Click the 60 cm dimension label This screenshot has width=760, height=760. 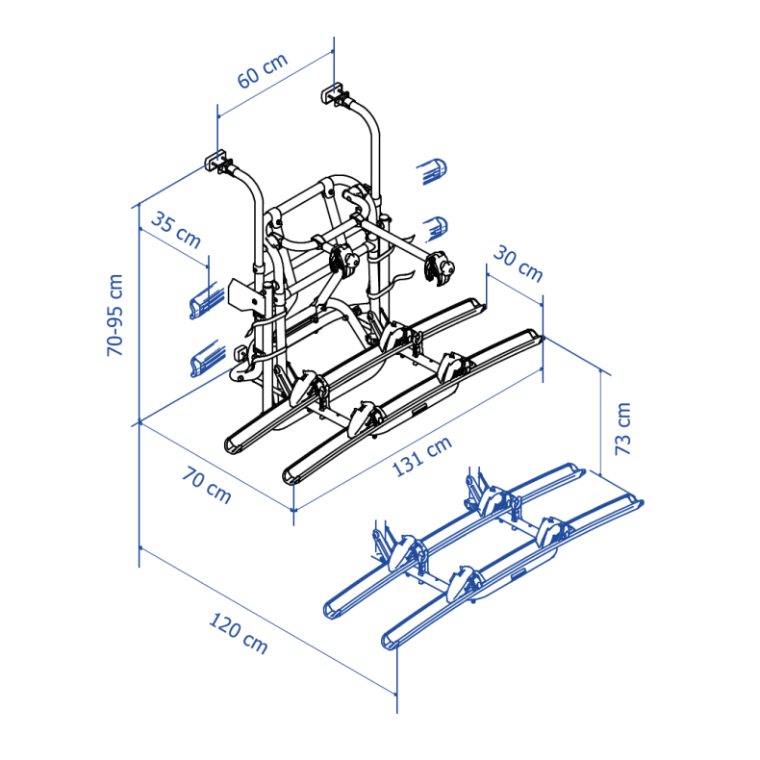tap(263, 73)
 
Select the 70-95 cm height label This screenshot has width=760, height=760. tap(114, 316)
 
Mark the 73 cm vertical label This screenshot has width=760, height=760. tap(622, 428)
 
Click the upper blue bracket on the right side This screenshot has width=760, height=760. tap(434, 172)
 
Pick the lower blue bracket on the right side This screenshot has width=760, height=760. tap(437, 227)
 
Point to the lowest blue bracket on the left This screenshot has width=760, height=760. tap(204, 363)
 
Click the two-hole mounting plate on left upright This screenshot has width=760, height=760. tap(246, 296)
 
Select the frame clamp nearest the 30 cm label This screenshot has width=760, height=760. tap(441, 267)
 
